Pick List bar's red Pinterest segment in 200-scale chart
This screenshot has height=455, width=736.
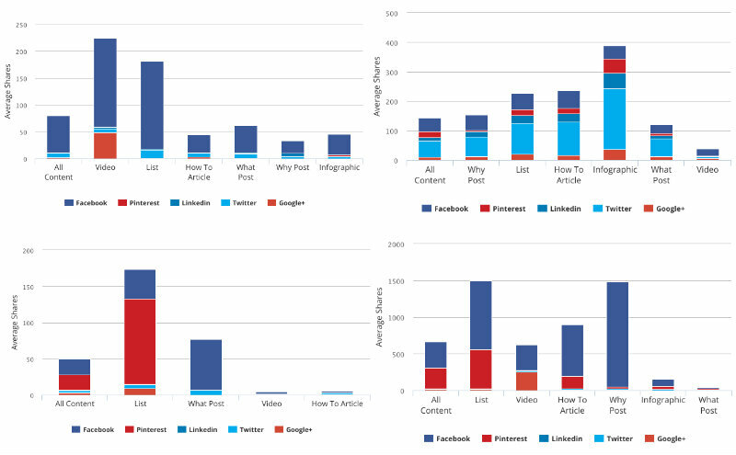[140, 341]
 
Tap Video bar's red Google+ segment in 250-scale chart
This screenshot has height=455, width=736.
[105, 146]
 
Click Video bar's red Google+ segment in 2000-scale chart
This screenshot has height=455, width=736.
[526, 381]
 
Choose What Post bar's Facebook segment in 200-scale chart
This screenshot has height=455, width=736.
[206, 365]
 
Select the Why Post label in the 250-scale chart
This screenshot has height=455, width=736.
[293, 169]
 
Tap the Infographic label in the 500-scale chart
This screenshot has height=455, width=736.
[615, 169]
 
